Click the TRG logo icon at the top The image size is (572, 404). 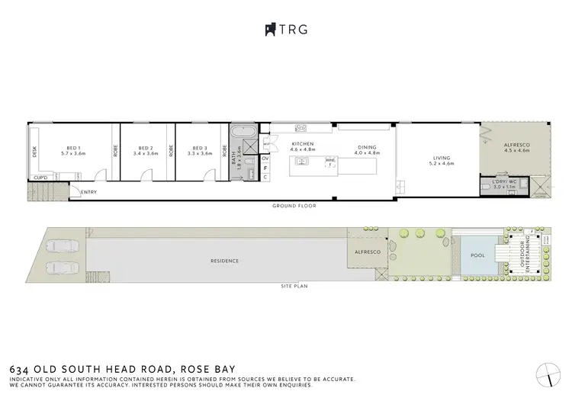(269, 29)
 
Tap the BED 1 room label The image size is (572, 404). (73, 148)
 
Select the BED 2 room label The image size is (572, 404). (146, 148)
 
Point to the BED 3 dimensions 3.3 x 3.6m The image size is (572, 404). (199, 154)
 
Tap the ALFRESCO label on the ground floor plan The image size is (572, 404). (516, 145)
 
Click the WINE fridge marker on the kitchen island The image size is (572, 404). (330, 160)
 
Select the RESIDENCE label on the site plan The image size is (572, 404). (225, 261)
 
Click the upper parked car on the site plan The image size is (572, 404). (59, 247)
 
